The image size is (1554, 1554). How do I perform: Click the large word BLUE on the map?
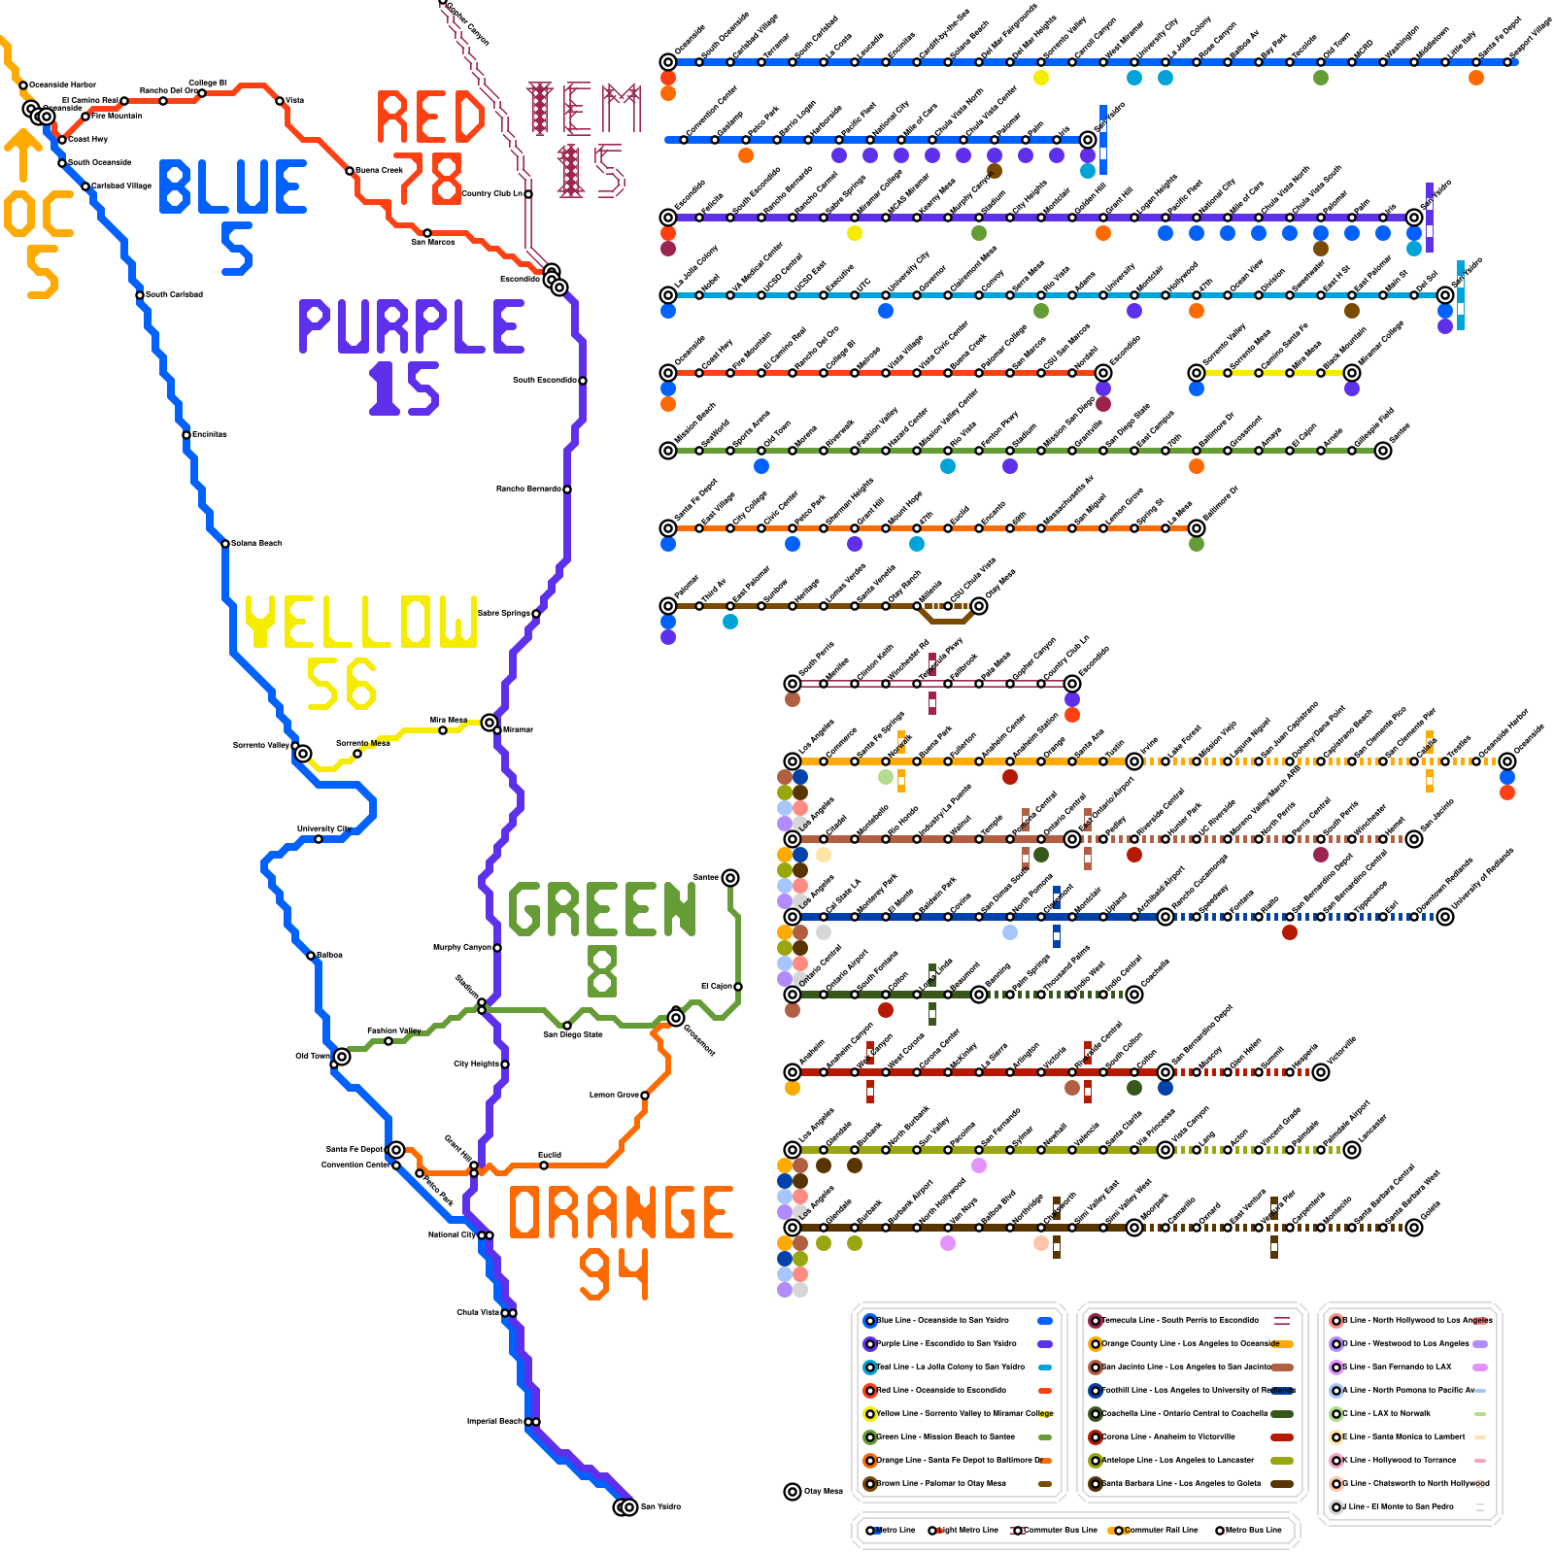233,187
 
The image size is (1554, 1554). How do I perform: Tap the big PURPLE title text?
411,326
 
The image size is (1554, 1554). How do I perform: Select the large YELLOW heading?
360,622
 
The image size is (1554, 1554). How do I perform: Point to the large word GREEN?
602,910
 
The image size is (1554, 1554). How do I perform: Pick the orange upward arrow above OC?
22,155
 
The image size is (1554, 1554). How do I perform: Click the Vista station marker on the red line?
280,101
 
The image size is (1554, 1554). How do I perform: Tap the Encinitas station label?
209,434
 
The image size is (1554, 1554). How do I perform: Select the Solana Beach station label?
255,543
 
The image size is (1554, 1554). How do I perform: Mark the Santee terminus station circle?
730,878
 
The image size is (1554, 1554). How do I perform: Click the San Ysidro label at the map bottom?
660,1506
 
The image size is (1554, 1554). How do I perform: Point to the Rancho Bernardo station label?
528,489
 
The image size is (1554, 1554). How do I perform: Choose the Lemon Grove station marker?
645,1096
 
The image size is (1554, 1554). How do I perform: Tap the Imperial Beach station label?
495,1421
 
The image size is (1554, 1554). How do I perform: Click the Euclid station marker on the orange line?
544,1165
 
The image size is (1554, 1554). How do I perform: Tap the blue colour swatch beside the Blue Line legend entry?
1045,1321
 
